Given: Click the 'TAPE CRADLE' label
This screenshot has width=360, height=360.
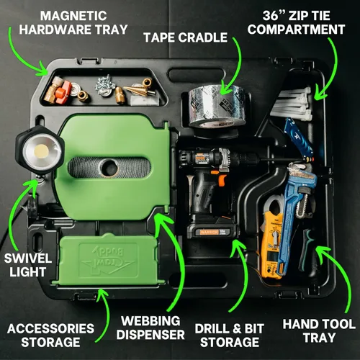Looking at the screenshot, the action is pyautogui.click(x=185, y=37).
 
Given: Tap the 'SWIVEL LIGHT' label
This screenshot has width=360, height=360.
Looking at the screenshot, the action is pyautogui.click(x=28, y=265).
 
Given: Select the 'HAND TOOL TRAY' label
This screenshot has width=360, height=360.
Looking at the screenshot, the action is pyautogui.click(x=319, y=330).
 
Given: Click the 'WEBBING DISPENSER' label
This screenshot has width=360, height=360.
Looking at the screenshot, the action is pyautogui.click(x=150, y=328).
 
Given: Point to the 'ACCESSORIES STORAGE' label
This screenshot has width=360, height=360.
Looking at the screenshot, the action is pyautogui.click(x=50, y=335).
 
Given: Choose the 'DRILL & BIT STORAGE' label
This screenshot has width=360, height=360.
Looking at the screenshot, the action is pyautogui.click(x=230, y=335).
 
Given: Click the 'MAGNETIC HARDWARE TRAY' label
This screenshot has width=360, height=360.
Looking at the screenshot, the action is pyautogui.click(x=73, y=23).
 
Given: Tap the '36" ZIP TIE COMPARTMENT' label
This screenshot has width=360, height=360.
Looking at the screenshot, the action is pyautogui.click(x=296, y=23).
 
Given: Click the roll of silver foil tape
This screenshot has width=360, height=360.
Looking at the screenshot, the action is pyautogui.click(x=217, y=106).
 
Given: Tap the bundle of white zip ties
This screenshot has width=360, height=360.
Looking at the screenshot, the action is pyautogui.click(x=292, y=104).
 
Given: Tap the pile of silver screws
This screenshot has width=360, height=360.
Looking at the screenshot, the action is pyautogui.click(x=105, y=84).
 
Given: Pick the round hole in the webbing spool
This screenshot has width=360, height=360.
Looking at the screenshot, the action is pyautogui.click(x=109, y=168).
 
